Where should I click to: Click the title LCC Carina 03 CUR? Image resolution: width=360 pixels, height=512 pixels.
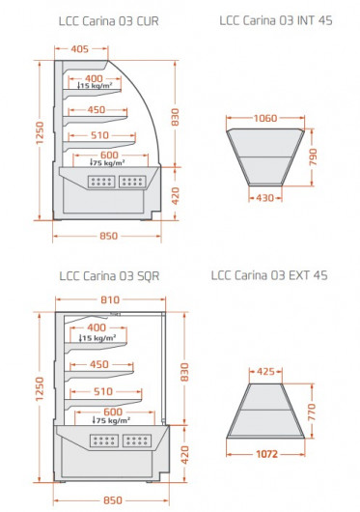pos(109,21)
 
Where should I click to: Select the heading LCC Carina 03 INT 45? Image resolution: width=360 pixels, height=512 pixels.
pos(276,20)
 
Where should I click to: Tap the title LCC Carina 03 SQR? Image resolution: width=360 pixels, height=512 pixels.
pos(109,276)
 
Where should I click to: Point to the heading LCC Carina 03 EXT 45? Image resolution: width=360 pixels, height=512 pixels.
pos(269,275)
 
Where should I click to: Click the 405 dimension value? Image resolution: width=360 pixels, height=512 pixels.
pos(79,49)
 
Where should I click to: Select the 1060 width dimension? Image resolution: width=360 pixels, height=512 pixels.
pos(265,118)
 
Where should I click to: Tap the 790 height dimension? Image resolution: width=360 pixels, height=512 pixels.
pos(313,156)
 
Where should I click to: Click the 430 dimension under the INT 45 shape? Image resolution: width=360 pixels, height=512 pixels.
pos(264,198)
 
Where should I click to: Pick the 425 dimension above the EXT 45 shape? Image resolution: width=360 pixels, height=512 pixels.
pos(265,372)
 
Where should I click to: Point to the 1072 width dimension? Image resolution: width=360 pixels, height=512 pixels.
pos(266,454)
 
